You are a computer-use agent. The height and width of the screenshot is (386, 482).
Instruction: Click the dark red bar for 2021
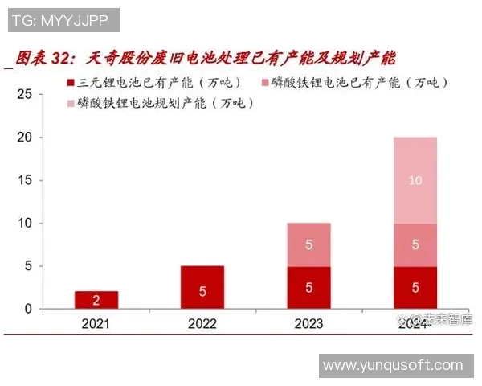96,300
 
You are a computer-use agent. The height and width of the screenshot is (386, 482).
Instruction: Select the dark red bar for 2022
202,287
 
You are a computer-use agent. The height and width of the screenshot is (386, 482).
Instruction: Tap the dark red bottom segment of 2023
308,287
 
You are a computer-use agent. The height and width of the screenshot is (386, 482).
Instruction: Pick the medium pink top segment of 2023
308,244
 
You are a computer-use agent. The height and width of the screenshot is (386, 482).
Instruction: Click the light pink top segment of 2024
415,181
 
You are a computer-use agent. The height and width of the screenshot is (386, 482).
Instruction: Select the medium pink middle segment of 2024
415,244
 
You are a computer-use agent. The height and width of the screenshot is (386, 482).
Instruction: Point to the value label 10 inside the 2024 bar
415,181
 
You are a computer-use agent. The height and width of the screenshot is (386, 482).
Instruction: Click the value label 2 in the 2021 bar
96,301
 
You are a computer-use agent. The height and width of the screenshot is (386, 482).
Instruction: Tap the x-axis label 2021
96,324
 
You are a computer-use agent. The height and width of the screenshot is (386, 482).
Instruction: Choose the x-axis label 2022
202,324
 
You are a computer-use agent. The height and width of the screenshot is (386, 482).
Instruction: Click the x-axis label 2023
308,324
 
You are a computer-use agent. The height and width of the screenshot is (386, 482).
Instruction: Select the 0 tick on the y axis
27,309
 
